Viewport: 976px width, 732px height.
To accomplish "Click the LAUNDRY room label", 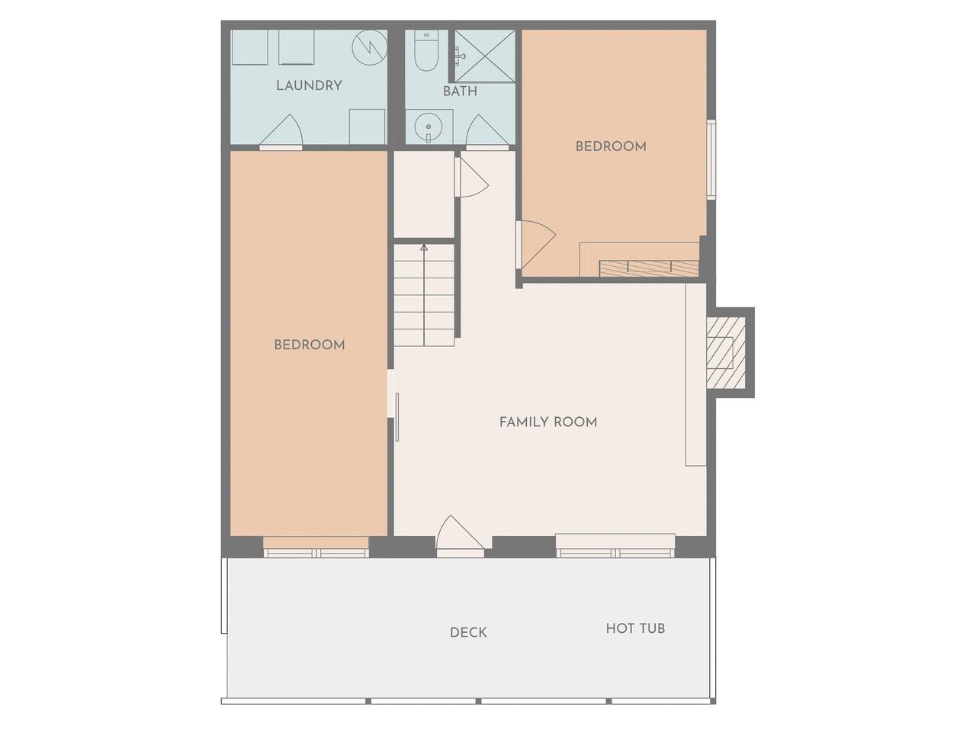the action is [309, 85].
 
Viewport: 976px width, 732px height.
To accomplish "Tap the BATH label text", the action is [460, 91].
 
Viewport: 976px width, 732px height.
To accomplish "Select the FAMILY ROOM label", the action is [548, 422].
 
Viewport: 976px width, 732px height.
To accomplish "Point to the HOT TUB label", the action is [635, 628].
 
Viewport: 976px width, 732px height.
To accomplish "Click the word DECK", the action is [468, 632].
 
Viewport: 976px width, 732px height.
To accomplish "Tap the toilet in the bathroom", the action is [426, 50].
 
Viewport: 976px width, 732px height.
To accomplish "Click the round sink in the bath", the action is [429, 127].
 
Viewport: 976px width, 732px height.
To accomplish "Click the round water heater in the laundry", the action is [370, 47].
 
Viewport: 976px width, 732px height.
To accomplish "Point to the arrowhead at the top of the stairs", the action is [424, 248].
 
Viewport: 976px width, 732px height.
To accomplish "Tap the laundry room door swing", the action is [281, 130].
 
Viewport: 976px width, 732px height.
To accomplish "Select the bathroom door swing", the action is [487, 130].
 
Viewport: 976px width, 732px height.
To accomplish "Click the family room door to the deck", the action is [460, 536].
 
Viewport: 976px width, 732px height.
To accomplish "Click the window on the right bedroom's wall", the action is [712, 159].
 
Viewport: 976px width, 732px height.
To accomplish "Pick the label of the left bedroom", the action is [310, 345].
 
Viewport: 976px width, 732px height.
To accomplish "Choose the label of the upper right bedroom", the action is [611, 146].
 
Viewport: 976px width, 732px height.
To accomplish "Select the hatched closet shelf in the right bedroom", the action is [649, 268].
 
